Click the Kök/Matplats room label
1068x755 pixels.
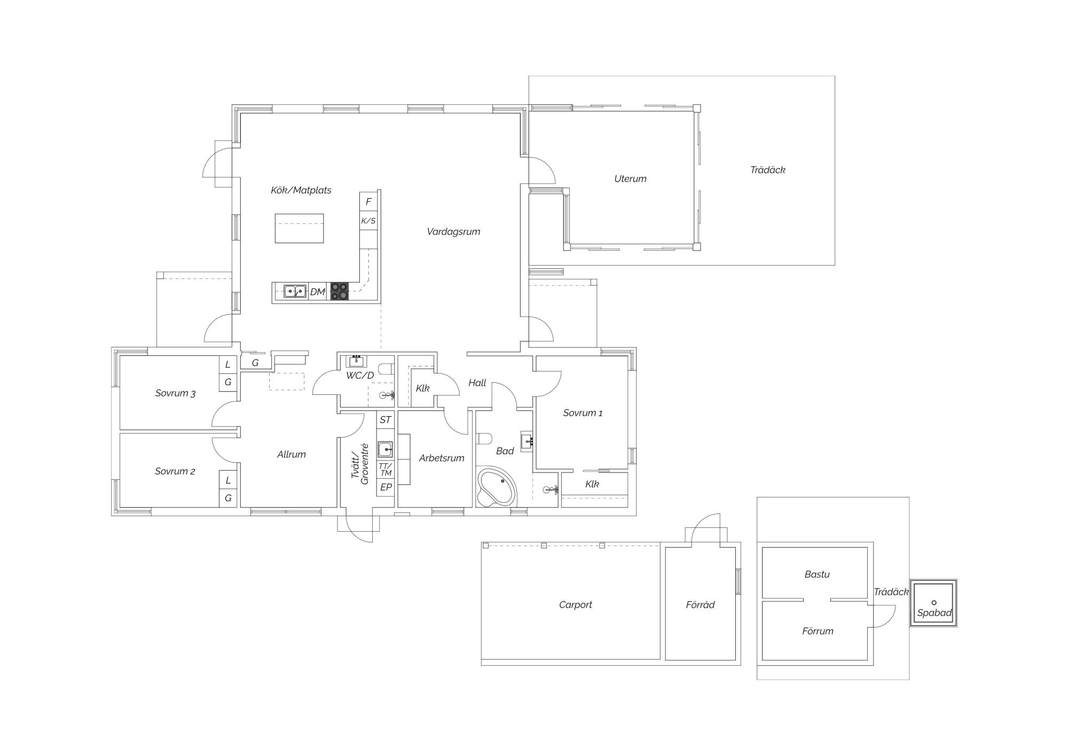pyautogui.click(x=301, y=190)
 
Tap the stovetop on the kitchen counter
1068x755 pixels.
pyautogui.click(x=339, y=291)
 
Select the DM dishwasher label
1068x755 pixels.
pyautogui.click(x=317, y=292)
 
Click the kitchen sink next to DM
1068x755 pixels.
pyautogui.click(x=295, y=291)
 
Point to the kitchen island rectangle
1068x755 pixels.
pyautogui.click(x=299, y=228)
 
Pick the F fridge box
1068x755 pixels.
pyautogui.click(x=368, y=202)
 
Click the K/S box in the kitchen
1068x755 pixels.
pyautogui.click(x=368, y=221)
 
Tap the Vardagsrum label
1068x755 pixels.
pyautogui.click(x=453, y=232)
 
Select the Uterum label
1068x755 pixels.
pyautogui.click(x=630, y=179)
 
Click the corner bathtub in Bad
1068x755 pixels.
pyautogui.click(x=497, y=487)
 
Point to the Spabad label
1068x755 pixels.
pyautogui.click(x=934, y=613)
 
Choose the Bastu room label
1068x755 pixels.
pyautogui.click(x=817, y=574)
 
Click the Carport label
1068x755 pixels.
pyautogui.click(x=576, y=605)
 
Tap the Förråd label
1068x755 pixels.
pyautogui.click(x=700, y=605)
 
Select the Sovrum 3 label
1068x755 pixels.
pyautogui.click(x=175, y=393)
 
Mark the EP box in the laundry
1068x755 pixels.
pyautogui.click(x=386, y=487)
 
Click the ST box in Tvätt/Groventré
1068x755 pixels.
pyautogui.click(x=386, y=420)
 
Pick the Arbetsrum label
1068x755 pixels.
pyautogui.click(x=442, y=458)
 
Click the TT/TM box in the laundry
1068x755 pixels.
pyautogui.click(x=386, y=470)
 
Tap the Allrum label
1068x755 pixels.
pyautogui.click(x=292, y=455)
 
